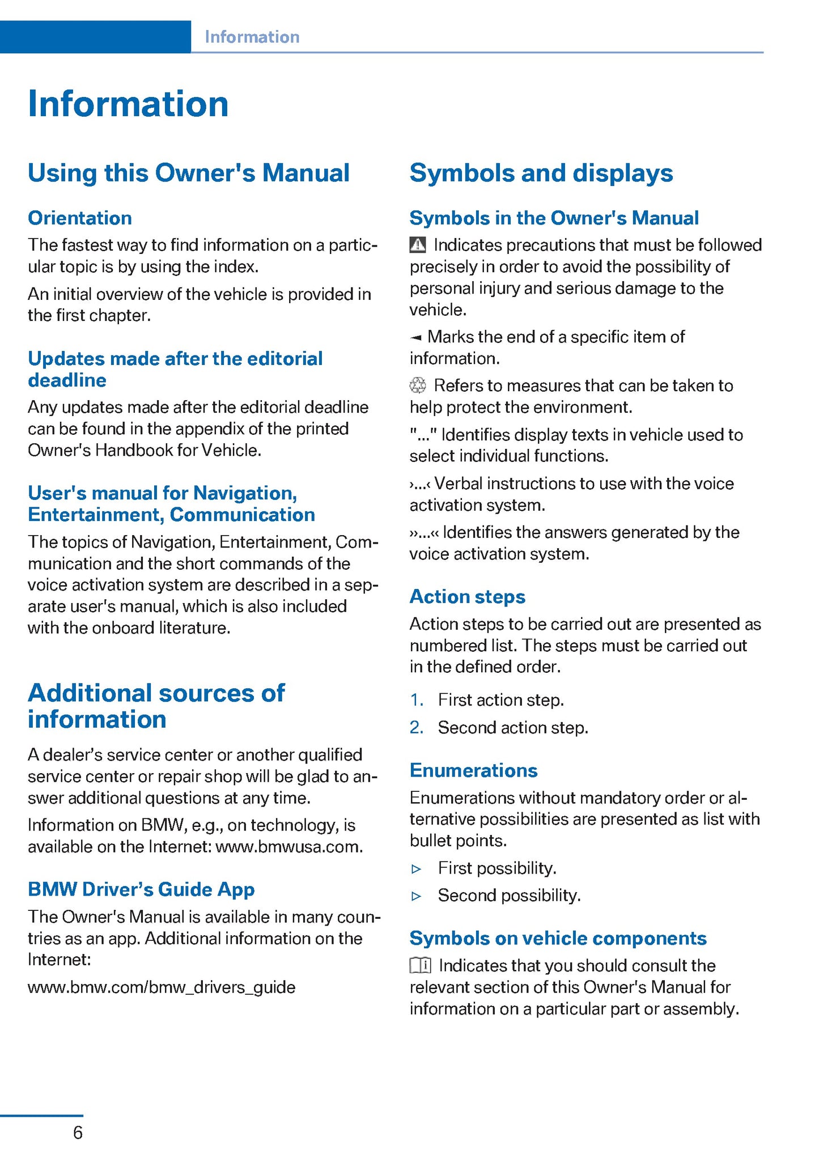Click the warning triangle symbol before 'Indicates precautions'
(418, 245)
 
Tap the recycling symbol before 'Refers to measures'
(418, 385)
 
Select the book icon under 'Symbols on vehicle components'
(421, 965)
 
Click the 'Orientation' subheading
(80, 218)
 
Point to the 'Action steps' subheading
(468, 596)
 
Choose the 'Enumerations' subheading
(473, 770)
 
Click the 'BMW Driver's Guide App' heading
(141, 889)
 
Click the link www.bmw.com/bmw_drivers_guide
(162, 987)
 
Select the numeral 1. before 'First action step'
(417, 700)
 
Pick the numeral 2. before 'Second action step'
(417, 727)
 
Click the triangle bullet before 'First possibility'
(417, 868)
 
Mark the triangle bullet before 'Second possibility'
(417, 896)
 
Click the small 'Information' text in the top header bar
(252, 37)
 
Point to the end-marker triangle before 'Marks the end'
(416, 338)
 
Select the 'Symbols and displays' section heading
(541, 173)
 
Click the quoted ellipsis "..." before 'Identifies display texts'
(423, 435)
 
